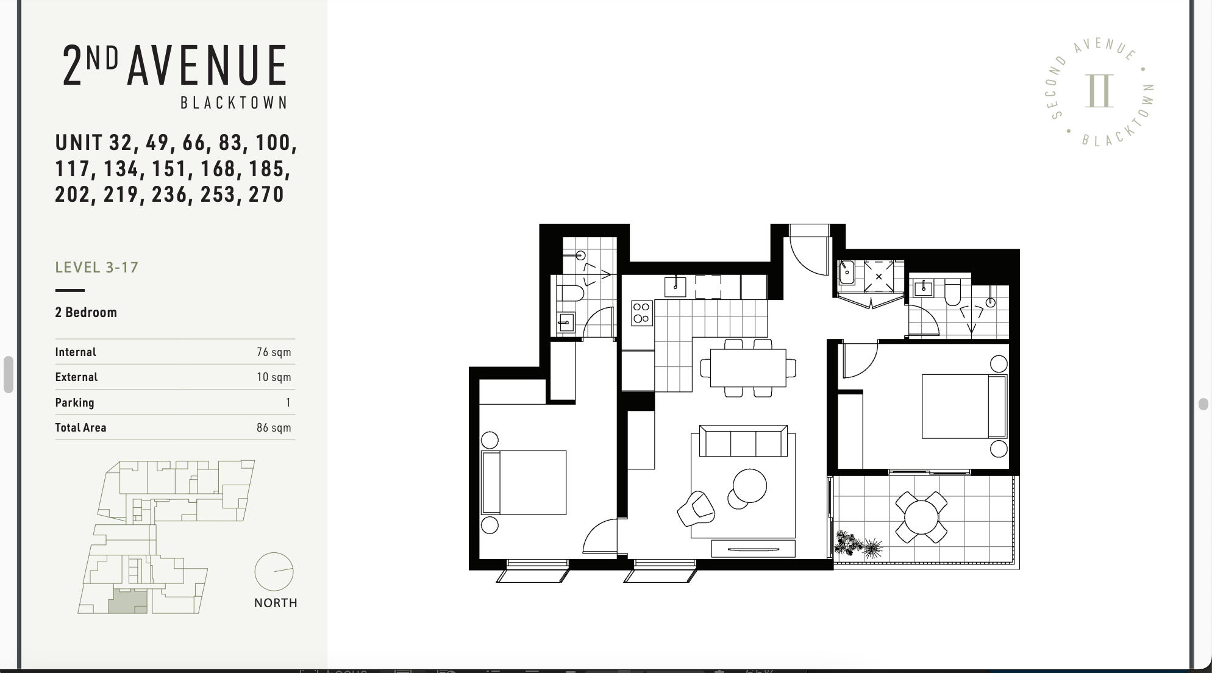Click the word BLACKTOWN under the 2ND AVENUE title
[233, 103]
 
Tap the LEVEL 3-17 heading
[97, 268]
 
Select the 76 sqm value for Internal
[274, 352]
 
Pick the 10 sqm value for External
[274, 377]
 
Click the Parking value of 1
[288, 403]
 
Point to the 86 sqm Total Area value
[274, 428]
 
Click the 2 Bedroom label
[86, 313]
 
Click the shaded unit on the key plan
[127, 601]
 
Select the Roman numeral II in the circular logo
[1099, 91]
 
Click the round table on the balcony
[921, 518]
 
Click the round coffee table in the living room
[749, 486]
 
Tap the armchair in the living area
[696, 508]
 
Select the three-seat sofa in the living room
[743, 441]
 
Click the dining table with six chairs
[748, 368]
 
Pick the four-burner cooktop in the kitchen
[641, 313]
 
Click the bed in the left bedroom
[524, 482]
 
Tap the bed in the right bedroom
[964, 406]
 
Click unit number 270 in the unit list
[266, 194]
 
